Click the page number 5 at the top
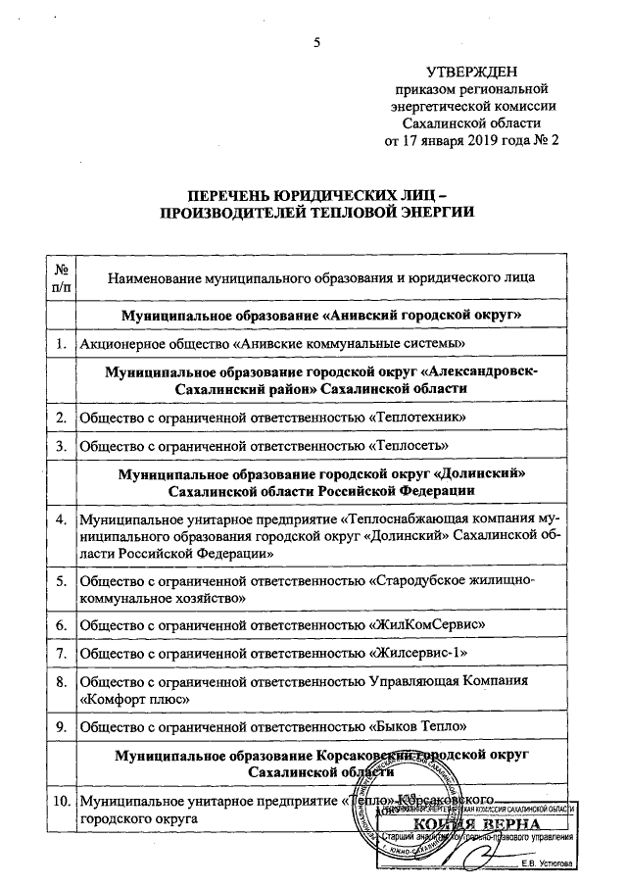pos(316,41)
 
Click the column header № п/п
pos(62,276)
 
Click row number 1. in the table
pos(62,342)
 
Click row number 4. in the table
pos(62,517)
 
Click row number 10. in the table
pos(62,800)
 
